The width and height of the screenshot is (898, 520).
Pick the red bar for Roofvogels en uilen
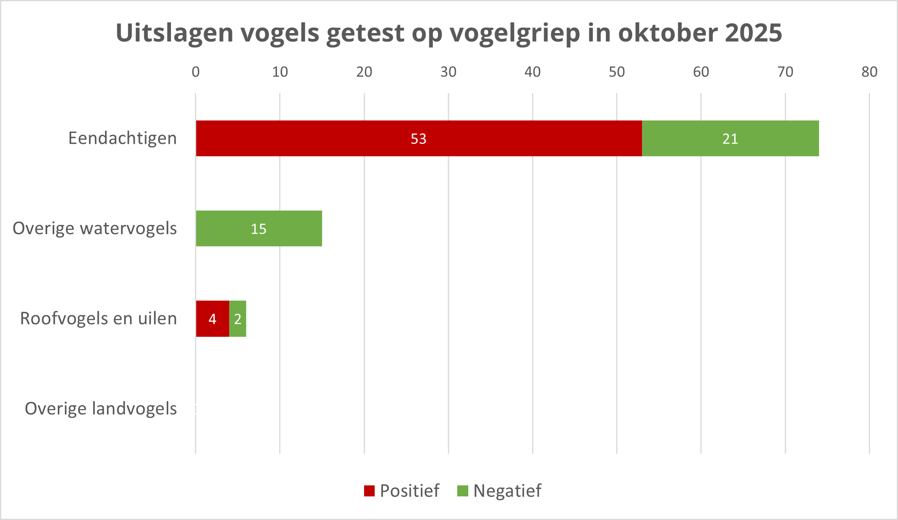(x=204, y=319)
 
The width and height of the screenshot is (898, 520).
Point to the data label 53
(x=418, y=139)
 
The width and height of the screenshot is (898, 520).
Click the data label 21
(x=730, y=139)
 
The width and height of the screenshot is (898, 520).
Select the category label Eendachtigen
(x=122, y=138)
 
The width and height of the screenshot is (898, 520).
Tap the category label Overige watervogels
(x=95, y=229)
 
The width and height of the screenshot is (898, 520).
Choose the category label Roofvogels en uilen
(x=98, y=319)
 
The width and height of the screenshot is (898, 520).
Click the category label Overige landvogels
(x=101, y=409)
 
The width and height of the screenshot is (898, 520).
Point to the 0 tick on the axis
(x=195, y=72)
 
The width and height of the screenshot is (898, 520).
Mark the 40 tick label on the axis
(x=532, y=72)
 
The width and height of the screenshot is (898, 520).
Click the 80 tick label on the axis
(x=869, y=72)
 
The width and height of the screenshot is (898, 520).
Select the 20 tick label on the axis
(x=364, y=72)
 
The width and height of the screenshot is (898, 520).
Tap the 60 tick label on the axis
(x=701, y=72)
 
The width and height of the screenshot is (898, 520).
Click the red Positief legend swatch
(x=369, y=491)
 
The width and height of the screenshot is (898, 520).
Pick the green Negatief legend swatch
(x=463, y=491)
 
